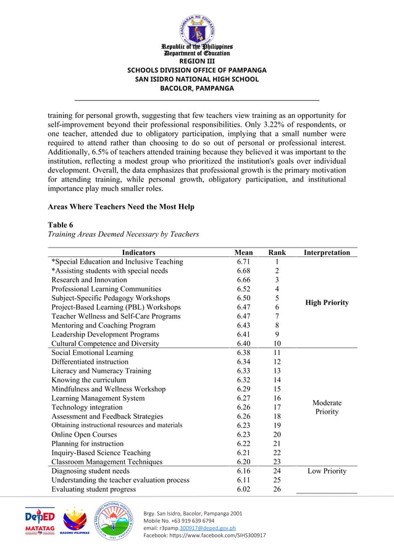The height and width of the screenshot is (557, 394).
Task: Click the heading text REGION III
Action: (197, 61)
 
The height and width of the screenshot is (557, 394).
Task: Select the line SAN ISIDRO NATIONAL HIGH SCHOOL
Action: (197, 79)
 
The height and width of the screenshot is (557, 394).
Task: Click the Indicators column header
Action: (138, 253)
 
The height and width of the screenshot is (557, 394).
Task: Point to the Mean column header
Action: (243, 253)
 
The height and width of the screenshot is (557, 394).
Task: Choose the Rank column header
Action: (277, 253)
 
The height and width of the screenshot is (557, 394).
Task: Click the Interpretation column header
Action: (327, 253)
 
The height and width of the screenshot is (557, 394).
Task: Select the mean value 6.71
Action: (243, 262)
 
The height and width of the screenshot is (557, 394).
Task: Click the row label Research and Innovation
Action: (89, 280)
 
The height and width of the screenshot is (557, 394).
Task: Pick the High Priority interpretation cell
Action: (327, 303)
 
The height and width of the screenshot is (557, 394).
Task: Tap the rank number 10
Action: (277, 343)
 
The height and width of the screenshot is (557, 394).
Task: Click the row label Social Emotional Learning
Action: (92, 353)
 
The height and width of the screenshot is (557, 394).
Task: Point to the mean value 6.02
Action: (243, 489)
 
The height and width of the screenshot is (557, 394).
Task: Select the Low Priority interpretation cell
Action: (327, 471)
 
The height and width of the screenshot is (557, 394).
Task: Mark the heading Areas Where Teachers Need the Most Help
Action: (121, 207)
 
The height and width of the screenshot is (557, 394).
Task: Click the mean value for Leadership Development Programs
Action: (243, 334)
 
